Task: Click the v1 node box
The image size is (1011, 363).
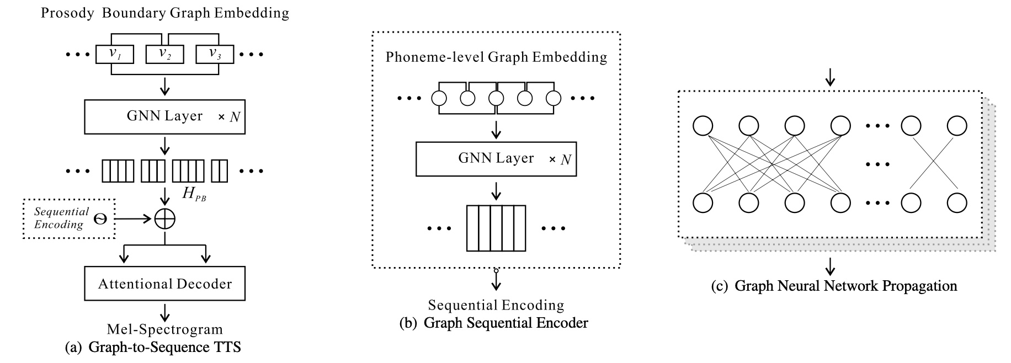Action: click(115, 54)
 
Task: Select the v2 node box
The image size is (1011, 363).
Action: click(164, 54)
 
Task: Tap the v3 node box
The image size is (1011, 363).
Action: click(215, 54)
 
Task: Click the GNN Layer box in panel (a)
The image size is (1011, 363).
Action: click(164, 116)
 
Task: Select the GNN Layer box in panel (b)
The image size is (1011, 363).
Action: click(496, 159)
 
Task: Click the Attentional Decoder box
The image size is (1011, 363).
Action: click(164, 284)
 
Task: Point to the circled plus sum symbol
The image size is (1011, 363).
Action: click(164, 219)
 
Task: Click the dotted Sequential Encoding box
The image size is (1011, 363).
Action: click(69, 218)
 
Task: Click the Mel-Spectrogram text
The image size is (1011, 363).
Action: click(164, 329)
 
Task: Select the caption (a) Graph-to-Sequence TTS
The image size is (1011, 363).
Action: click(153, 348)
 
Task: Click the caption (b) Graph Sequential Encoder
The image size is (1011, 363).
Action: click(494, 323)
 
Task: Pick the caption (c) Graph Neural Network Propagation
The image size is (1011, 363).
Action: click(834, 286)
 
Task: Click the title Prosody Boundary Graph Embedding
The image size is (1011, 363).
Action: click(164, 13)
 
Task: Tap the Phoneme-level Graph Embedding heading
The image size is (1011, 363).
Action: click(496, 57)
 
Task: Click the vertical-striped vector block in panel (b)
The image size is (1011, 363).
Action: click(496, 228)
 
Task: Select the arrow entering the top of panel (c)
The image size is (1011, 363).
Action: click(829, 80)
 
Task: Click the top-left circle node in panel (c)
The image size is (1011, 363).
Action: click(703, 126)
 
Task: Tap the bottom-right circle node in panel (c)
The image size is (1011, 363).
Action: click(956, 202)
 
